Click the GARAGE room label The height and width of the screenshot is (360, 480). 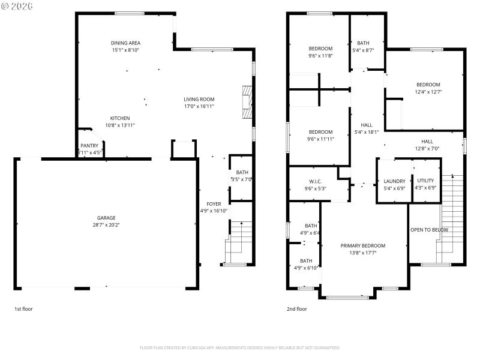[106, 218]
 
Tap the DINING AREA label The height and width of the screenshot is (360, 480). [125, 43]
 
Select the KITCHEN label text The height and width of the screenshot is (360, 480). [119, 118]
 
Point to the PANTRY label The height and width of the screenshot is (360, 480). [89, 146]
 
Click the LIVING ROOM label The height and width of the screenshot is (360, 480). [199, 100]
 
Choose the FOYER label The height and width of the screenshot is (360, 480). [214, 204]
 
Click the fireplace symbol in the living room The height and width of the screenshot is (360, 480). [246, 104]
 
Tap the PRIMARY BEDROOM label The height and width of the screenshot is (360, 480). [362, 245]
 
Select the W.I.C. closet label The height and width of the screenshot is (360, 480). [315, 181]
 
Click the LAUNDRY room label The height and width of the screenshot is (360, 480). [394, 181]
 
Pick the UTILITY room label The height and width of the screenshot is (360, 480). [425, 181]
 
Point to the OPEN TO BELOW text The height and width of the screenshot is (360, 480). [429, 230]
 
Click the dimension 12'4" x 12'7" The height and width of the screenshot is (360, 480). [428, 92]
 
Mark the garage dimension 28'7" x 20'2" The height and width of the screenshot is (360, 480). [106, 225]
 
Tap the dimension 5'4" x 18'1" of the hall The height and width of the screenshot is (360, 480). [366, 132]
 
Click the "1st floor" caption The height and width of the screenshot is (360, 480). [24, 309]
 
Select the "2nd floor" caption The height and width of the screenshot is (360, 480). [296, 309]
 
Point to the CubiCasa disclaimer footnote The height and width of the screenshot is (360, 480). [239, 347]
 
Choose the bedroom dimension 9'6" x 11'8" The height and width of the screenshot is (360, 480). [320, 55]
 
